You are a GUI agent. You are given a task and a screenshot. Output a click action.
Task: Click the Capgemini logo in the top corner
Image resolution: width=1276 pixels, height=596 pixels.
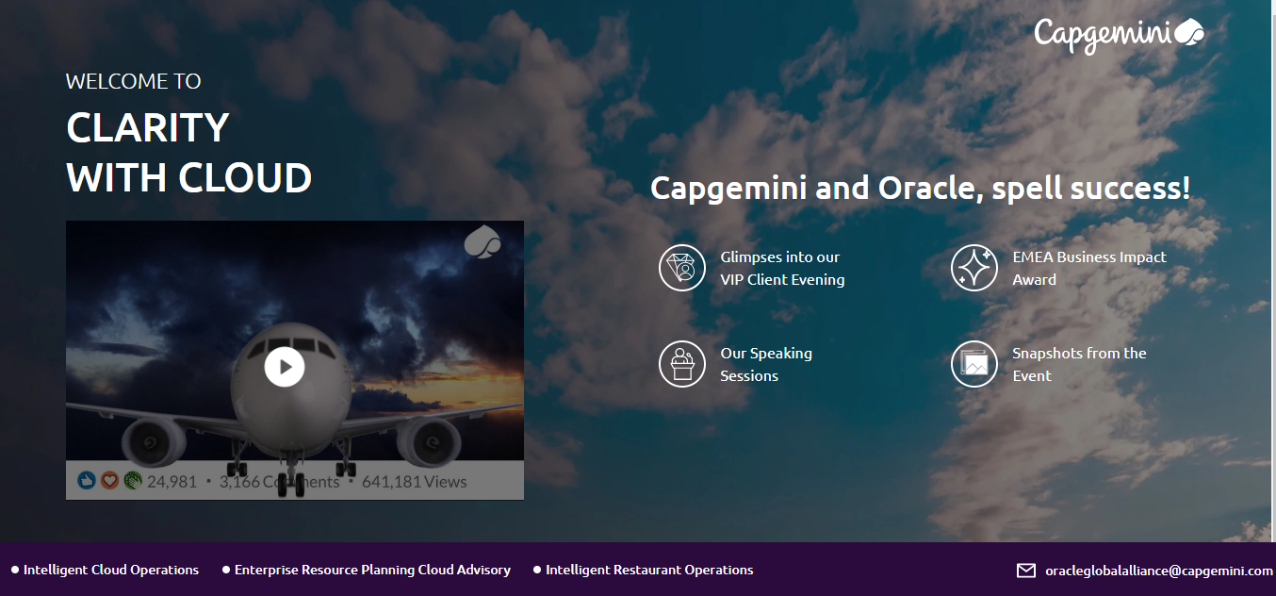(1119, 35)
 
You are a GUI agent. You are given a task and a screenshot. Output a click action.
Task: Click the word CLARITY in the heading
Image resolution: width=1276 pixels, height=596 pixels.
(148, 127)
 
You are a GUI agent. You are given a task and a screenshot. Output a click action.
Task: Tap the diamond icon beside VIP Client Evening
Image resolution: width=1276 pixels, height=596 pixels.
(682, 268)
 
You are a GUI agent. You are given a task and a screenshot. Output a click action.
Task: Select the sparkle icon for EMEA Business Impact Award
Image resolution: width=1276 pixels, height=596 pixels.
(974, 268)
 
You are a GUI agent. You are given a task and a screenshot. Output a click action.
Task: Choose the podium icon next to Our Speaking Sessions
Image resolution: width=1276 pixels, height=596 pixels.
(682, 364)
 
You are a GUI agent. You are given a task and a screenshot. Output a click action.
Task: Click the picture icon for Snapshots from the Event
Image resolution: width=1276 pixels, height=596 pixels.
(974, 364)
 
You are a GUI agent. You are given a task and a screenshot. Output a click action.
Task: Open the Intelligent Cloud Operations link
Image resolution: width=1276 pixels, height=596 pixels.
(111, 570)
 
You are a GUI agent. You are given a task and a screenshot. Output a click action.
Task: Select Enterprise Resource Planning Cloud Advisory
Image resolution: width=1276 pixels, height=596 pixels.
(372, 570)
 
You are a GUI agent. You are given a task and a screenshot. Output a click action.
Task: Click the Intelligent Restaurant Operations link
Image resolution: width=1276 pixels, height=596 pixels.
(649, 570)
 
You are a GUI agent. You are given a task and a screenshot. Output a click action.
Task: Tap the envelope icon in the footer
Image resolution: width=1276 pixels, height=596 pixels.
(1026, 571)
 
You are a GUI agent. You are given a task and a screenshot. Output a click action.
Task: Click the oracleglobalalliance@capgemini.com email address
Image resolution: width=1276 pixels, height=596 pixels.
(1158, 571)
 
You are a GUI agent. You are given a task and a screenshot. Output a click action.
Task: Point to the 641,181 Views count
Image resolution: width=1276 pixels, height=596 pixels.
(414, 482)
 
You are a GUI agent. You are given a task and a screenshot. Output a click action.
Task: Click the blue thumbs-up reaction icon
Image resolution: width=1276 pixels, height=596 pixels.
(87, 481)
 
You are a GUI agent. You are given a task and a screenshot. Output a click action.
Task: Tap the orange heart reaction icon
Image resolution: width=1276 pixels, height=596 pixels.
(109, 481)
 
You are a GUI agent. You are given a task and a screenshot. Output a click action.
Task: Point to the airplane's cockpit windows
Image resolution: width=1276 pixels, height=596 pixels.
(291, 345)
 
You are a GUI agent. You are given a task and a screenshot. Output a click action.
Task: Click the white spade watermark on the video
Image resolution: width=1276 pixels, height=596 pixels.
(482, 242)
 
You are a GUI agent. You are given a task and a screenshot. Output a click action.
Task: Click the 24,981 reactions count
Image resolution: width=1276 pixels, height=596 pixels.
(172, 482)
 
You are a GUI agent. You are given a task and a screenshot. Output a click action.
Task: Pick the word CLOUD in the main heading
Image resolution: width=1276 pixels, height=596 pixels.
(246, 178)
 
